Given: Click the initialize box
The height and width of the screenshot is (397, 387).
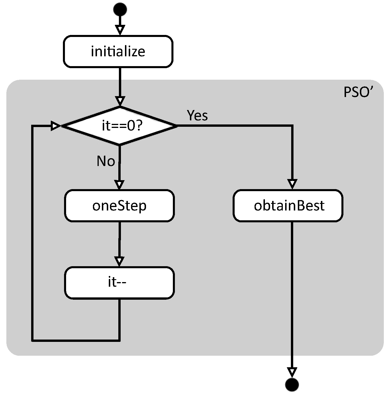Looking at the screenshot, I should tap(118, 52).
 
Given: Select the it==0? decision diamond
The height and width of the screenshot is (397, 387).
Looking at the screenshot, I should tap(120, 126).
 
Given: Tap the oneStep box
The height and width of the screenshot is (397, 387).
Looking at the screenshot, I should tap(119, 206).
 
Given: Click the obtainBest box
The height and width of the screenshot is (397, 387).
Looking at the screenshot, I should tap(288, 206).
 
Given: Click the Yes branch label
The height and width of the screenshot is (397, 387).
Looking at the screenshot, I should tap(197, 115).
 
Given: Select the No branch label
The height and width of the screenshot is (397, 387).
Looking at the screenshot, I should tap(106, 161).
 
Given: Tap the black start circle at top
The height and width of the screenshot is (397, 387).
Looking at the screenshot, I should tap(120, 9).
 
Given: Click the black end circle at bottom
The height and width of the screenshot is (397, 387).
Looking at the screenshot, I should tap(292, 385).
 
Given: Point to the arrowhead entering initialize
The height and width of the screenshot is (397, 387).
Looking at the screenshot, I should tap(120, 30).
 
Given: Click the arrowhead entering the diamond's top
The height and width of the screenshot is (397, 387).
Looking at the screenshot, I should tap(120, 101).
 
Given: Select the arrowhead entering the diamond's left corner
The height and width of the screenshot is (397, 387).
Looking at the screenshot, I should tap(56, 126).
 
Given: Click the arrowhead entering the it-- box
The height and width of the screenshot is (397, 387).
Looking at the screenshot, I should tap(119, 261).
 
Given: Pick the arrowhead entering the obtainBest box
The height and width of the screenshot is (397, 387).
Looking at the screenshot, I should tap(292, 184).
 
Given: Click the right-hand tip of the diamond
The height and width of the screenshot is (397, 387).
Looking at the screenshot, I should tap(176, 126).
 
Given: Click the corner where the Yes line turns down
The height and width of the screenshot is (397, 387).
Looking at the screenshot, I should tap(292, 126).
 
